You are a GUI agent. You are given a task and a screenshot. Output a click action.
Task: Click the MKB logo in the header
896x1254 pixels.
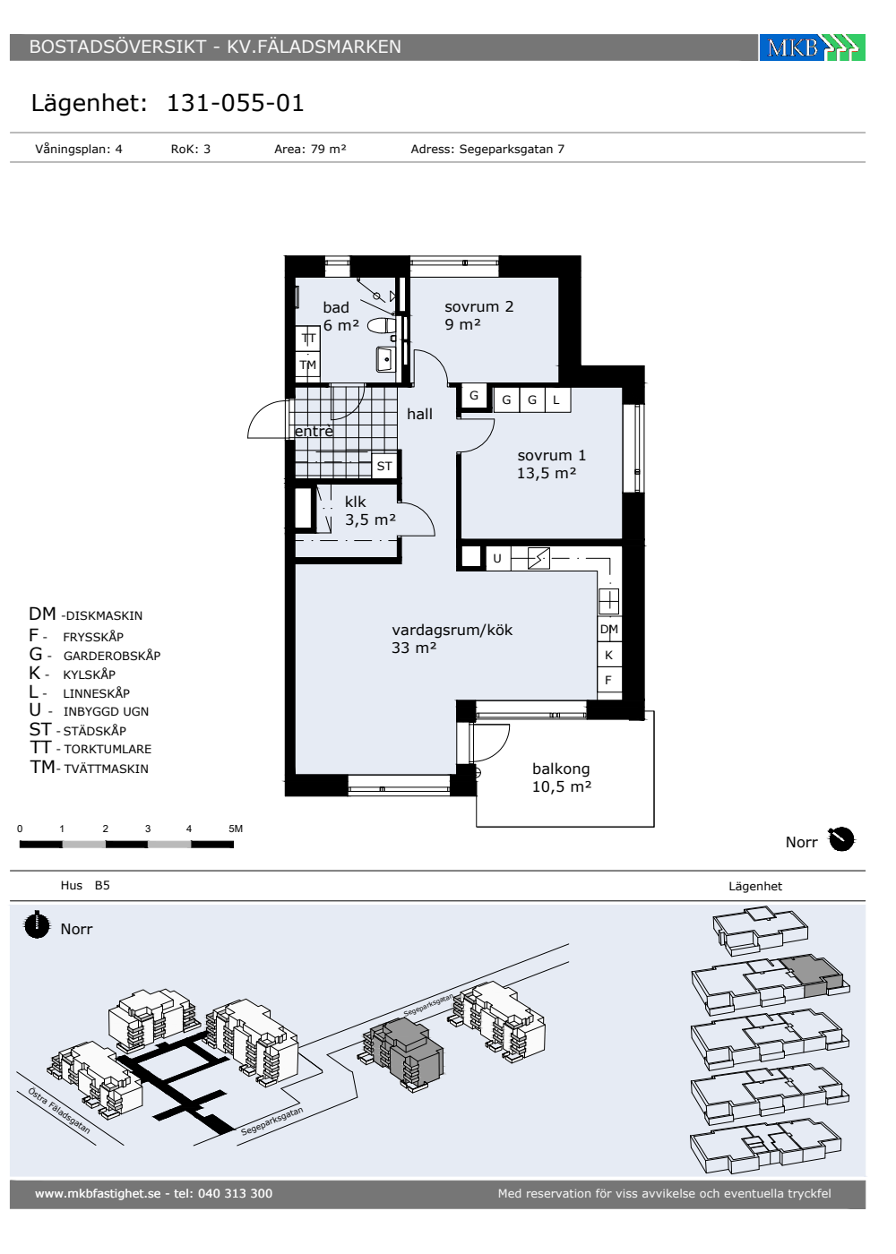click(x=812, y=47)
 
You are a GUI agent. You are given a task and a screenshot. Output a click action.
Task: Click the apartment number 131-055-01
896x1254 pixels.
click(x=235, y=103)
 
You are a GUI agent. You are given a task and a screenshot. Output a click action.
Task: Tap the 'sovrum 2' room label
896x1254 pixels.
click(x=478, y=306)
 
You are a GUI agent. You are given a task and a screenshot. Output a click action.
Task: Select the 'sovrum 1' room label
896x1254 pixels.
click(x=552, y=455)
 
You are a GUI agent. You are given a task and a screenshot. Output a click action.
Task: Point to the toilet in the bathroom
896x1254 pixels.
click(x=382, y=326)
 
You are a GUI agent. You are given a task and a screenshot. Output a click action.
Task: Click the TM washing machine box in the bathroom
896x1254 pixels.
click(x=308, y=365)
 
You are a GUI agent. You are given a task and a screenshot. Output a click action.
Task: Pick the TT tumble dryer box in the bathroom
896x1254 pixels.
click(x=308, y=339)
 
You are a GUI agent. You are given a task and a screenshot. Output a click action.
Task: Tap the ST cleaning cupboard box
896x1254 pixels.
click(x=384, y=466)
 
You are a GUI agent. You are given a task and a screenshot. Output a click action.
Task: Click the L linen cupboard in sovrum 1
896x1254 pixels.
click(x=557, y=399)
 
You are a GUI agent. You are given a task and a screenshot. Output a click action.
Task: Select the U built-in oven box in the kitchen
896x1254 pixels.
click(x=497, y=558)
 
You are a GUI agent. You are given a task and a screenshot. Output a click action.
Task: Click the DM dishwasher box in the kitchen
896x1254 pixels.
click(x=608, y=629)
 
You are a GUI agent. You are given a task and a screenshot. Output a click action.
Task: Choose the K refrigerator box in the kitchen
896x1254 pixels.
click(x=608, y=655)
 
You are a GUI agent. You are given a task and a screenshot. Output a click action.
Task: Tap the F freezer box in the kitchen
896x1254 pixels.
click(x=608, y=680)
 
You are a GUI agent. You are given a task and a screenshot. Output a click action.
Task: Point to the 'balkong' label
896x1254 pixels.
click(x=561, y=769)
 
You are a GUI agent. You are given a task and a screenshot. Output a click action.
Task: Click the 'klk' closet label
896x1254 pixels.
click(x=355, y=502)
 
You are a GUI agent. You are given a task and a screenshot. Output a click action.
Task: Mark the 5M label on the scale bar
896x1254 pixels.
click(x=236, y=829)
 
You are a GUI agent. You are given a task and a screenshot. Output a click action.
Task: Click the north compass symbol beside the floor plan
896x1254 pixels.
click(x=841, y=840)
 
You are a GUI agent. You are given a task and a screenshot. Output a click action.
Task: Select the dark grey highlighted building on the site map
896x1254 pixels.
click(x=404, y=1052)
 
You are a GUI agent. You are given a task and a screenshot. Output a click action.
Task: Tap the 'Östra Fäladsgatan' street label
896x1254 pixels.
click(x=59, y=1111)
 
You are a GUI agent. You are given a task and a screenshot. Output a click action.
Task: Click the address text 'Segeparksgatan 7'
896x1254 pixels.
click(x=512, y=149)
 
